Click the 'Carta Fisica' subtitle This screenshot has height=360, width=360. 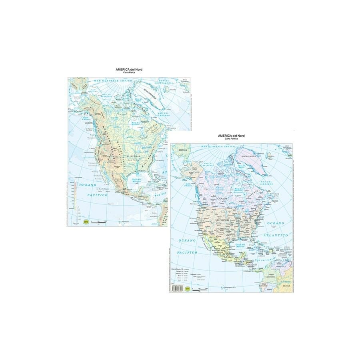click(x=120, y=72)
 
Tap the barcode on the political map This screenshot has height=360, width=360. click(x=175, y=289)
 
